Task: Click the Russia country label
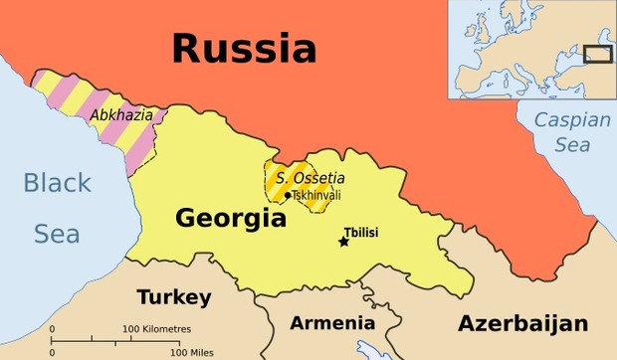pos(243,48)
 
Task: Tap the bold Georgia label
pos(231,218)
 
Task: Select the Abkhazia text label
pos(121,115)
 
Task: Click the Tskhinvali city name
pos(315,195)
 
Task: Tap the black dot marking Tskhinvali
pos(288,195)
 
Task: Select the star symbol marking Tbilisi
pos(343,242)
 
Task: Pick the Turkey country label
pos(174,297)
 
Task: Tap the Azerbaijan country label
pos(522,323)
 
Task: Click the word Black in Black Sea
pos(57,183)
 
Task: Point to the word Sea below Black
pos(57,234)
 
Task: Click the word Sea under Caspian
pos(571,145)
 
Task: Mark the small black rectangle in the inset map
pos(597,55)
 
